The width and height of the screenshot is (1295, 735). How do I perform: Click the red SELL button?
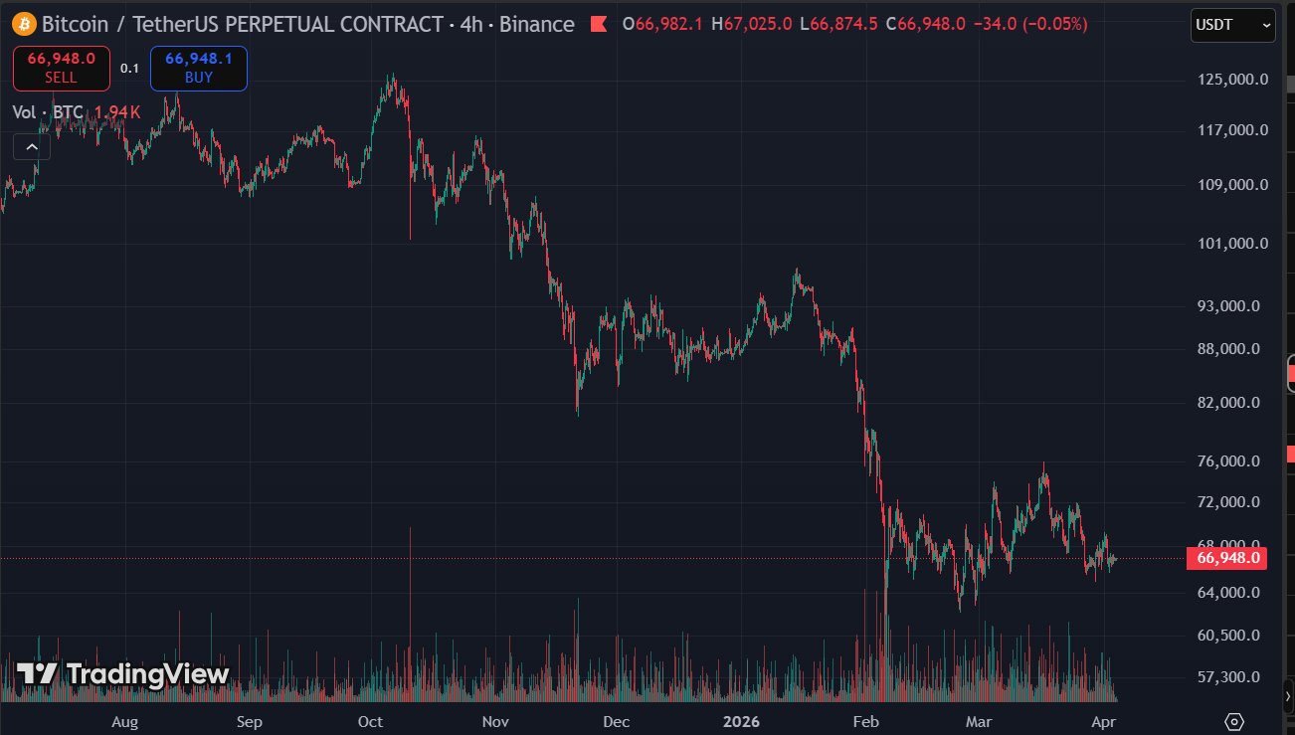coord(61,68)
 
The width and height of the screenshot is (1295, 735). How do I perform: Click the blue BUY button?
coord(198,68)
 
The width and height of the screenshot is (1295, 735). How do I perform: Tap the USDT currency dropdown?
coord(1232,25)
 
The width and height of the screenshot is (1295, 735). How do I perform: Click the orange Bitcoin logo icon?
coord(24,23)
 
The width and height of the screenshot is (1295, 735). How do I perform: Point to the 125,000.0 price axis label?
coord(1233,80)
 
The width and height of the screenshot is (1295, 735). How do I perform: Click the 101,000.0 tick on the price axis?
coord(1233,243)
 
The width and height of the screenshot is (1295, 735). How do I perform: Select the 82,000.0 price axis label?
coord(1233,402)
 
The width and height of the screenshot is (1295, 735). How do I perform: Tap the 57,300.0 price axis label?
coord(1233,676)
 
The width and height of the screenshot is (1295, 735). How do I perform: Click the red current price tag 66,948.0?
coord(1226,558)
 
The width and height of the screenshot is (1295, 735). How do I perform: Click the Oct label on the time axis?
coord(371,721)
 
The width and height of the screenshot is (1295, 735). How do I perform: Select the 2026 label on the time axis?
coord(741,721)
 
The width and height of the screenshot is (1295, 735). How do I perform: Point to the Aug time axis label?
coord(124,721)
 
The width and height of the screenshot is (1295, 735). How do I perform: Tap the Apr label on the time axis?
coord(1104,721)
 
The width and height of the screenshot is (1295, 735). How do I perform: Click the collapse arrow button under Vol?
coord(32,147)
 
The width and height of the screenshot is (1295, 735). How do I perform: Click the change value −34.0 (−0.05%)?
coord(1031,24)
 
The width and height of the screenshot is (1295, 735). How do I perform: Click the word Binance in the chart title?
coord(537,24)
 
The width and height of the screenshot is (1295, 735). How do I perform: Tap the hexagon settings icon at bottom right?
coord(1234,721)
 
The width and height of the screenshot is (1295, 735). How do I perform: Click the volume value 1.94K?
coord(117,112)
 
